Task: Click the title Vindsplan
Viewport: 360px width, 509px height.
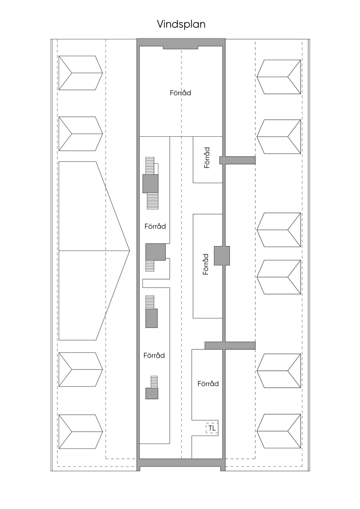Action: click(181, 24)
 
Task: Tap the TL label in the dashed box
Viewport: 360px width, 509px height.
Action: click(212, 428)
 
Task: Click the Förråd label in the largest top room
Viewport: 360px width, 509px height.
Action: click(180, 93)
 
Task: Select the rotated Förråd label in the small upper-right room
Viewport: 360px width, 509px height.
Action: click(207, 158)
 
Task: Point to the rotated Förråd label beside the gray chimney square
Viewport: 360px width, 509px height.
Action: click(206, 264)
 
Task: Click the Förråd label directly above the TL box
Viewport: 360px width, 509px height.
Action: click(208, 384)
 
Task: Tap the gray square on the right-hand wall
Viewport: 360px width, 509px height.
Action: click(222, 256)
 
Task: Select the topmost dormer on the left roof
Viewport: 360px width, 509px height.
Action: click(80, 73)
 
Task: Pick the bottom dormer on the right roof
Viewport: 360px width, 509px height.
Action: click(279, 431)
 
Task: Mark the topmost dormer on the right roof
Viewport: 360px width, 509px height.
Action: click(279, 77)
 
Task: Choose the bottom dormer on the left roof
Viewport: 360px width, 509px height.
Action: click(80, 432)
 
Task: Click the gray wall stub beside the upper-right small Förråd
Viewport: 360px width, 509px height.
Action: click(237, 160)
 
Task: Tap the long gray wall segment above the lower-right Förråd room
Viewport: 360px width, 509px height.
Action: click(230, 345)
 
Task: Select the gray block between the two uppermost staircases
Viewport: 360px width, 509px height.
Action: click(150, 183)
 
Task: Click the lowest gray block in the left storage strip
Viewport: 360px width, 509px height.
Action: click(152, 393)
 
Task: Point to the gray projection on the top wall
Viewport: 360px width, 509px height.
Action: click(180, 47)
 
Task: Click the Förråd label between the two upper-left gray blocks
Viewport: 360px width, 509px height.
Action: click(155, 226)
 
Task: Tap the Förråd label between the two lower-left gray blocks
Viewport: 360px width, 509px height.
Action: click(154, 355)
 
